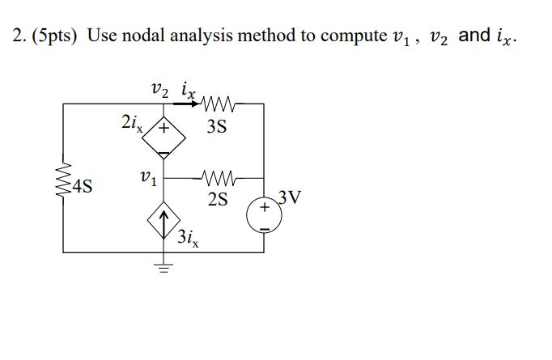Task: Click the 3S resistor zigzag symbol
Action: coord(220,104)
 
